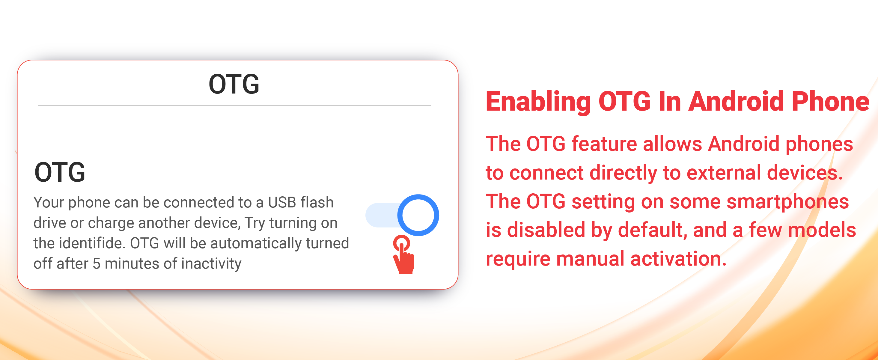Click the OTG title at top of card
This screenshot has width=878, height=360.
click(234, 84)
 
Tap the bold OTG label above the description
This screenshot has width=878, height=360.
click(60, 172)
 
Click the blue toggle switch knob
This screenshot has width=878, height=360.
click(418, 215)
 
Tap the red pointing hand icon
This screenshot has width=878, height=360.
click(403, 254)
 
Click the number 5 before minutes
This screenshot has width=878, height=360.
click(97, 263)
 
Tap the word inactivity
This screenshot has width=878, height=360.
click(211, 263)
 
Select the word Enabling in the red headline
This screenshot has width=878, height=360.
click(538, 102)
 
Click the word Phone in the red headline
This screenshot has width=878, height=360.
click(831, 101)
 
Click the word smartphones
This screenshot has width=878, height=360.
click(787, 201)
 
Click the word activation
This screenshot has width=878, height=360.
click(678, 259)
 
